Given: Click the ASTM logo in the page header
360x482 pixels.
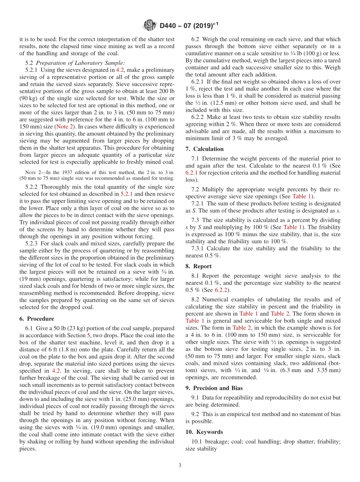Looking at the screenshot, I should tap(150, 26).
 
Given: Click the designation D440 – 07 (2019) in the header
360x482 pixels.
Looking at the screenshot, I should tap(189, 26).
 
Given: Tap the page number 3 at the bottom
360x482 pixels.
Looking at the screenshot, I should tap(180, 465).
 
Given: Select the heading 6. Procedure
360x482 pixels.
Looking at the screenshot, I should tap(37, 319).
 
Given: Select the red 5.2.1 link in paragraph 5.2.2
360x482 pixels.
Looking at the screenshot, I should tap(127, 194).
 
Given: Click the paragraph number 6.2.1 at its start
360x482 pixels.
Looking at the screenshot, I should tap(199, 82).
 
